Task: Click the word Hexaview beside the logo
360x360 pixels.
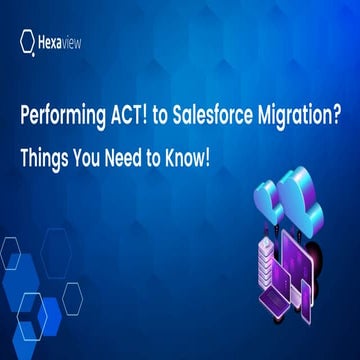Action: (66, 41)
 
